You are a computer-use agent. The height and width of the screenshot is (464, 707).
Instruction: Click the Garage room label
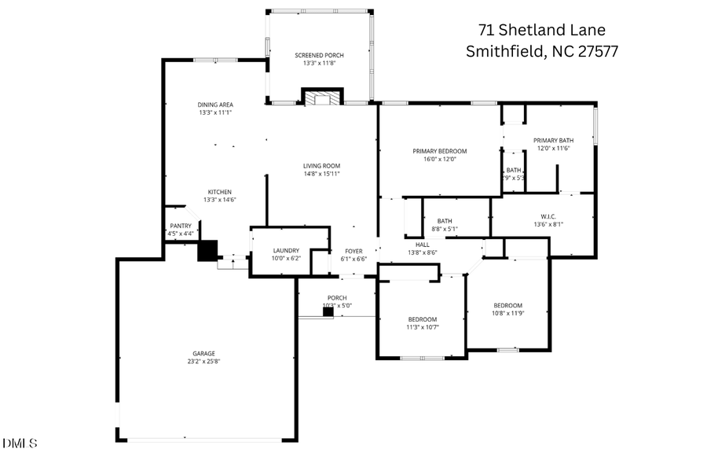click(x=203, y=353)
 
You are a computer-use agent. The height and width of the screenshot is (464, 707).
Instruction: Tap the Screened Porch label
click(x=319, y=55)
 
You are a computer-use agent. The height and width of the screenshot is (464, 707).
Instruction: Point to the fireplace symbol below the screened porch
click(x=322, y=98)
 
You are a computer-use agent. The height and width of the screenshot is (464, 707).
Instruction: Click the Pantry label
click(x=180, y=226)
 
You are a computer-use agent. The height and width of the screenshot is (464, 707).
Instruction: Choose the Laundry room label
click(x=265, y=250)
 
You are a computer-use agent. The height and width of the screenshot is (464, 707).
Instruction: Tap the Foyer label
click(x=353, y=251)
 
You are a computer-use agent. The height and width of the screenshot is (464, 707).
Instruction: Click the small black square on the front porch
click(x=328, y=312)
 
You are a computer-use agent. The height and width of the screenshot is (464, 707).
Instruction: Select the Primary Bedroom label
click(x=440, y=151)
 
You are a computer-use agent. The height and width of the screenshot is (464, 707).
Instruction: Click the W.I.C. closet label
click(x=548, y=215)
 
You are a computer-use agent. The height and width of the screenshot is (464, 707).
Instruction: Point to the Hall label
click(x=422, y=245)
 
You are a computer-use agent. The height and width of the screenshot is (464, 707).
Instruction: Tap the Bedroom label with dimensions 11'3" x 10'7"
click(x=423, y=319)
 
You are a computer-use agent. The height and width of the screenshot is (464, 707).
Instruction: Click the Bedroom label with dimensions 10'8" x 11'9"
click(x=507, y=305)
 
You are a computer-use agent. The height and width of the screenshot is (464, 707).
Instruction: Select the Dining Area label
click(x=215, y=105)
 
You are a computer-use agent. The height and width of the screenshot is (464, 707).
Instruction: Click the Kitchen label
click(x=219, y=192)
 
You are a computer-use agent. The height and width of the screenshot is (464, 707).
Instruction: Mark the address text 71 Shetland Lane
click(x=542, y=30)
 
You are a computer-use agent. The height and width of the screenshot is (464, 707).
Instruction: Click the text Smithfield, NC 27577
click(x=542, y=52)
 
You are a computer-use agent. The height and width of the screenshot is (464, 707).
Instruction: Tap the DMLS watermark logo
click(x=20, y=444)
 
